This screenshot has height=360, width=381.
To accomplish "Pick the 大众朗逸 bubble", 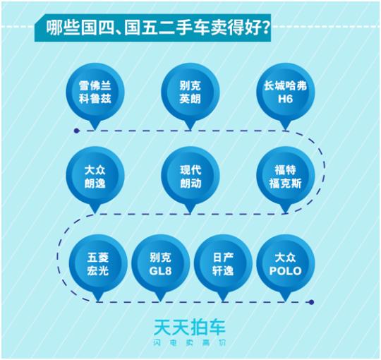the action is [95, 177].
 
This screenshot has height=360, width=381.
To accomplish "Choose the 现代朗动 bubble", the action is [190, 177].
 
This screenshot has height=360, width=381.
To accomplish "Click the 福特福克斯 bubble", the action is [286, 177].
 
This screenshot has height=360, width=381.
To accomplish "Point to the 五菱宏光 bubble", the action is [98, 265].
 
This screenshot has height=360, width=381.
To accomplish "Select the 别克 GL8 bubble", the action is [161, 265].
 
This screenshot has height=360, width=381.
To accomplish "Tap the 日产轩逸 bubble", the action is [223, 265].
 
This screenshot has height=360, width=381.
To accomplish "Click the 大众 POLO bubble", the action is [286, 265].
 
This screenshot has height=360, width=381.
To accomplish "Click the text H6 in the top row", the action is [285, 99].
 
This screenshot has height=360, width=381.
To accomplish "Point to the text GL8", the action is [160, 271].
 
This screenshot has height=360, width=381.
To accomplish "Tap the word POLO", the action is [286, 271].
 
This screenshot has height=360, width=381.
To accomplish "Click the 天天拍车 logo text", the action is [190, 327].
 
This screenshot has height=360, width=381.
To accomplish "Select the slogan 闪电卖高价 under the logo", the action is [190, 343].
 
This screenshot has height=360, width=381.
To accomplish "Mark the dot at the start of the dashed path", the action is [77, 131].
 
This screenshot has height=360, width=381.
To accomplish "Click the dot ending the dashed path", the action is [312, 302].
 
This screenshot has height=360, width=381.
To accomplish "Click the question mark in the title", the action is [265, 28].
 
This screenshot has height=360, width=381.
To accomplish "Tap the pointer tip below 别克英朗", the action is [190, 130].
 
